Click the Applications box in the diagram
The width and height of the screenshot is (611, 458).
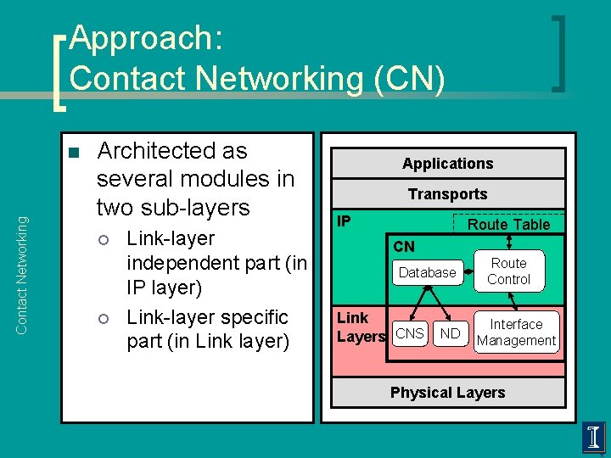(447, 163)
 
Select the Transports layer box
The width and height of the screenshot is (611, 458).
(447, 194)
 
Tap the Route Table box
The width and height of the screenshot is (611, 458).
(509, 224)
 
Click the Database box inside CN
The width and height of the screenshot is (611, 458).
(428, 272)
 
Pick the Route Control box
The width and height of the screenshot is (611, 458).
(508, 271)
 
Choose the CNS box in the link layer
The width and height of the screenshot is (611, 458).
(410, 333)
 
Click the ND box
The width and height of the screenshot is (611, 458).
(450, 333)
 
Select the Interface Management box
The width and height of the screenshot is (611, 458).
(516, 332)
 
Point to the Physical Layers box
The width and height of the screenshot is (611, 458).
(447, 393)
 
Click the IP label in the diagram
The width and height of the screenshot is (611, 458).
(344, 221)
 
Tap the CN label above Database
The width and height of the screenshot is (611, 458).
(405, 247)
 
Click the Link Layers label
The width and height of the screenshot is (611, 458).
(360, 327)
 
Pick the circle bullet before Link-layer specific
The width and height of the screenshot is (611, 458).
(104, 319)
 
